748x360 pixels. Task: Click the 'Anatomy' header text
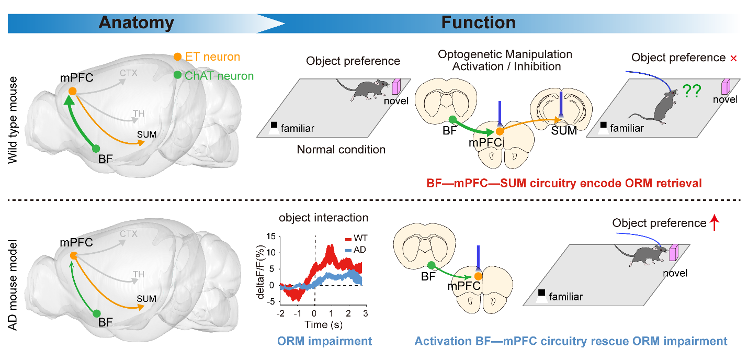pyautogui.click(x=137, y=22)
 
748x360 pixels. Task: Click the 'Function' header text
pyautogui.click(x=478, y=22)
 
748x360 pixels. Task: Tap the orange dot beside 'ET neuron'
pyautogui.click(x=178, y=57)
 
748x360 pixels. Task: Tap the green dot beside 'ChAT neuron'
pyautogui.click(x=178, y=75)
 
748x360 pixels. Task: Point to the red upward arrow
pyautogui.click(x=715, y=223)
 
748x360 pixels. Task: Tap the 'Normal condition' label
pyautogui.click(x=341, y=150)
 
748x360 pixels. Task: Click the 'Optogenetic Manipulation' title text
pyautogui.click(x=505, y=54)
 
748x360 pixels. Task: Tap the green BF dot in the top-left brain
pyautogui.click(x=96, y=148)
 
